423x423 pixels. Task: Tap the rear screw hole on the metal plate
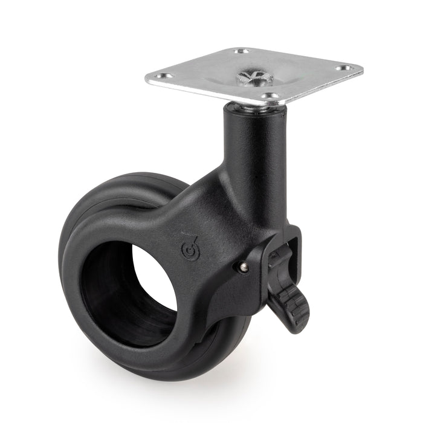pyautogui.click(x=241, y=52)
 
